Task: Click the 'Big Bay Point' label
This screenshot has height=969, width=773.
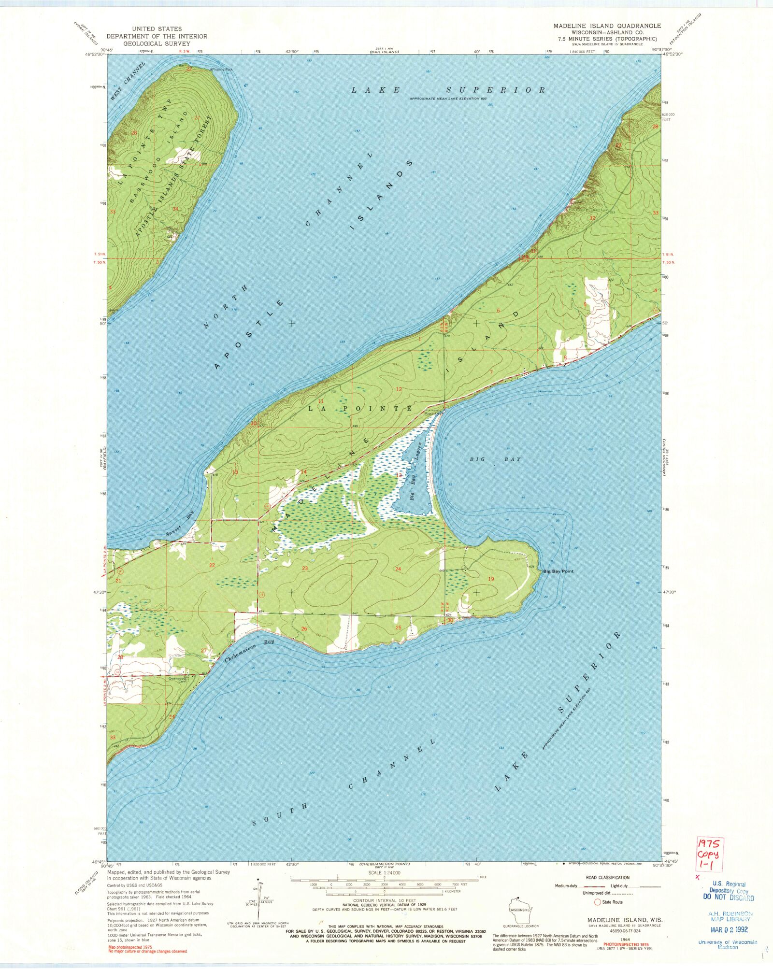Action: pyautogui.click(x=558, y=571)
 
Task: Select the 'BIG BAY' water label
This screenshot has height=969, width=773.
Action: pyautogui.click(x=495, y=459)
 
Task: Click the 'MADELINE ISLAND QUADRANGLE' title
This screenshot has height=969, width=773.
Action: pyautogui.click(x=607, y=26)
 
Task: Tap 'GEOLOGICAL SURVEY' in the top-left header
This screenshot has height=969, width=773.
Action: pyautogui.click(x=157, y=43)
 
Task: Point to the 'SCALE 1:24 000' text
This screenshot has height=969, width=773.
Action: pyautogui.click(x=384, y=873)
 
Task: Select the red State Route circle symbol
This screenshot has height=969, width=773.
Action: pyautogui.click(x=597, y=902)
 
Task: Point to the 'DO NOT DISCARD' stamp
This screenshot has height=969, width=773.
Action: pyautogui.click(x=729, y=898)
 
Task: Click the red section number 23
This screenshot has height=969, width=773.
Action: pyautogui.click(x=305, y=568)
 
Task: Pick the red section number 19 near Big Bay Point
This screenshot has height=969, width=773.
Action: pyautogui.click(x=491, y=579)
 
